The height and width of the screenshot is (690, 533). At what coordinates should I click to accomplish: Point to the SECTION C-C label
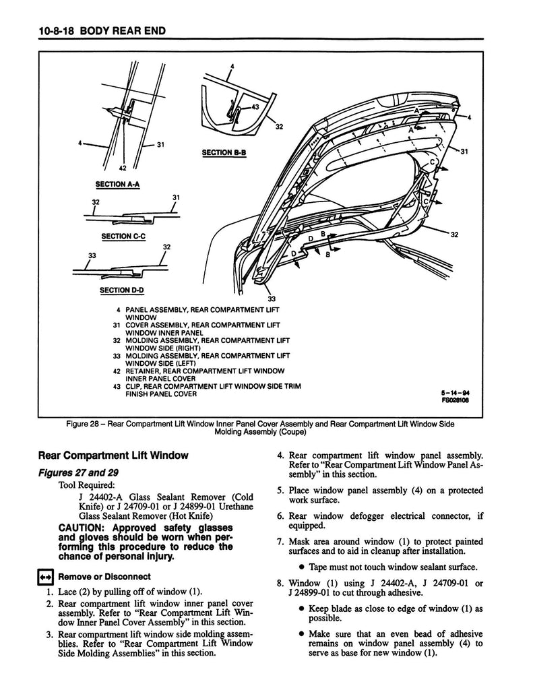tap(123, 237)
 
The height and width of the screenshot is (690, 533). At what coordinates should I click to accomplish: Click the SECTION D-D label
tap(123, 290)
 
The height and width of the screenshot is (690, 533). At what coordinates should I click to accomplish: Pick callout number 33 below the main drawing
tap(271, 299)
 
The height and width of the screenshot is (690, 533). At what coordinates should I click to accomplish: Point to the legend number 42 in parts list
tap(117, 371)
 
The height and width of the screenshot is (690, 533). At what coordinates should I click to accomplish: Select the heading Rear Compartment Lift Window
tap(113, 456)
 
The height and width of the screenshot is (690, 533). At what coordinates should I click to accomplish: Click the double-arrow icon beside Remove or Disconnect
tap(45, 577)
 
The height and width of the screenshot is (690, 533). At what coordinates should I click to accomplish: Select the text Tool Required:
tap(87, 484)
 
